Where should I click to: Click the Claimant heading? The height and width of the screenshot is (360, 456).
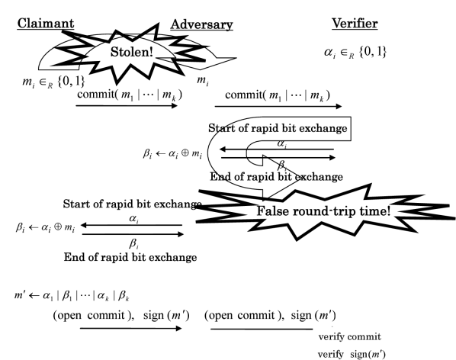coord(46,24)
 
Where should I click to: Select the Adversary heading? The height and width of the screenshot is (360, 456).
coord(201,24)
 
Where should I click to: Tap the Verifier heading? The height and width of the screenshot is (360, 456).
coord(355,24)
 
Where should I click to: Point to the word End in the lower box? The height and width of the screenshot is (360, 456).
coord(74,257)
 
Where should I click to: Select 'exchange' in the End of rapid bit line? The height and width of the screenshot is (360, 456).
coord(172,257)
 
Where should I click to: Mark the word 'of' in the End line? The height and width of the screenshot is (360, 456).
coord(94,257)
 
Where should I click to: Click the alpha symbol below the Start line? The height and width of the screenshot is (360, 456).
coord(133,218)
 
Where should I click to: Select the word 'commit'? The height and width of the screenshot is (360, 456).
coord(364,336)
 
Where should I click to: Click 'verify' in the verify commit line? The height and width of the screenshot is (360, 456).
coord(331,336)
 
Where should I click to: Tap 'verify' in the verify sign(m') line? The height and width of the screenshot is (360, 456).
coord(331,354)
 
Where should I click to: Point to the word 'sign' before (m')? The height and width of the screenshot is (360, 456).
coord(359,354)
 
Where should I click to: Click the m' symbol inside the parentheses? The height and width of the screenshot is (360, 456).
coord(378,354)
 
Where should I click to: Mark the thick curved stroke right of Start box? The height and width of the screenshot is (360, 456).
coord(206,207)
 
